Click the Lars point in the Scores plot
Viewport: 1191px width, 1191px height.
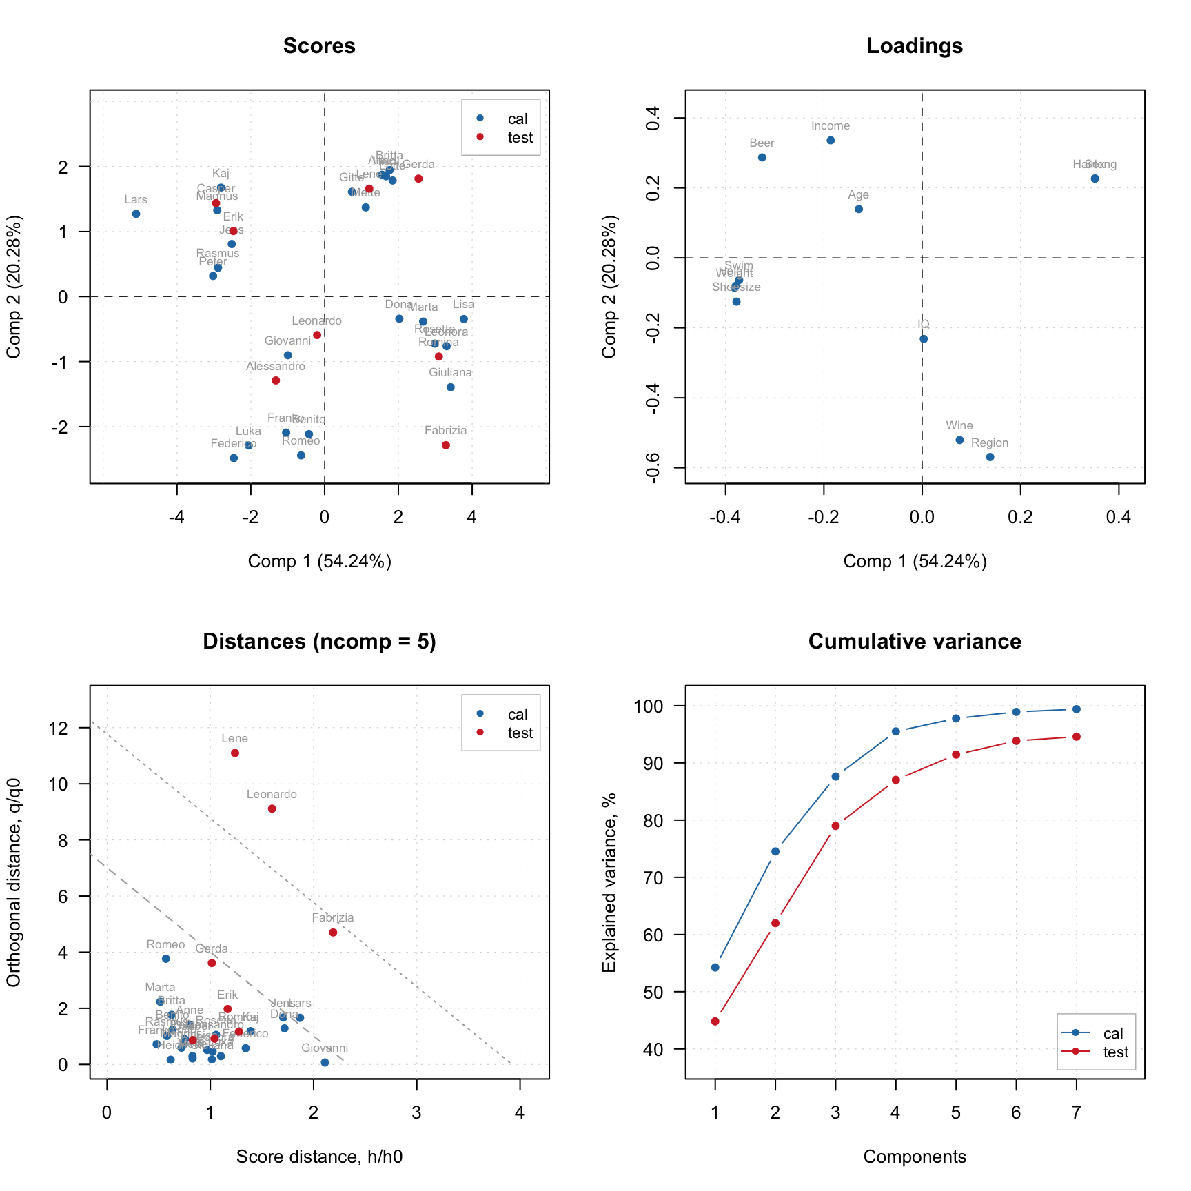(x=136, y=214)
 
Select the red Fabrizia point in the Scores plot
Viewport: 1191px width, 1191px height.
(x=446, y=445)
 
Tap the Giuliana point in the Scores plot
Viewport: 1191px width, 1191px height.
(x=451, y=387)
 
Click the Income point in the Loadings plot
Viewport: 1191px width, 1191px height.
(x=831, y=141)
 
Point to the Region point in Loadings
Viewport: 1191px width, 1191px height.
(x=990, y=457)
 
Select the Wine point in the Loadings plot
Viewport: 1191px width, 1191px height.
(x=959, y=440)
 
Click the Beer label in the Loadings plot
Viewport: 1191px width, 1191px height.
(x=762, y=143)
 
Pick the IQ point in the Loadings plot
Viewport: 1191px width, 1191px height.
(x=924, y=339)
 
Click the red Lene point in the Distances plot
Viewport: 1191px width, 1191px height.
(x=235, y=753)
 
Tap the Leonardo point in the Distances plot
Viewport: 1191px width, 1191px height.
(x=272, y=808)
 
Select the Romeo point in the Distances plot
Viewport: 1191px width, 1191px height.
(x=166, y=959)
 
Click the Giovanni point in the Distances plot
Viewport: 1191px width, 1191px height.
(x=325, y=1063)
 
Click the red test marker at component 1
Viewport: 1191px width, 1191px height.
(x=715, y=1021)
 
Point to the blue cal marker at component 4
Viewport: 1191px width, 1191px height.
(x=896, y=731)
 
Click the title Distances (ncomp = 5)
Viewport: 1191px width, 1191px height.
(x=319, y=642)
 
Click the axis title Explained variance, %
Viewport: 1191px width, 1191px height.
(x=609, y=882)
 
